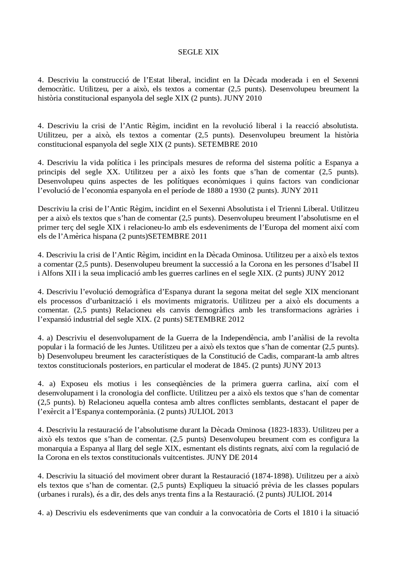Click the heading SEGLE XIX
tap(198, 52)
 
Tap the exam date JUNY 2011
tap(300, 191)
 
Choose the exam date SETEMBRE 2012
tap(214, 319)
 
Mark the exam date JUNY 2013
tap(301, 366)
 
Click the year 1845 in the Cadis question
tap(241, 366)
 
